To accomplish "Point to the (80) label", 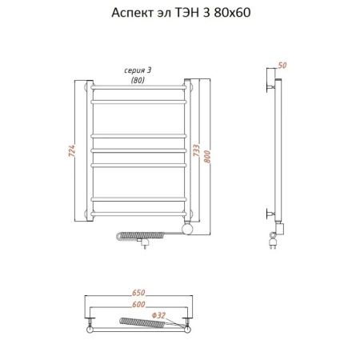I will (x=139, y=80).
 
